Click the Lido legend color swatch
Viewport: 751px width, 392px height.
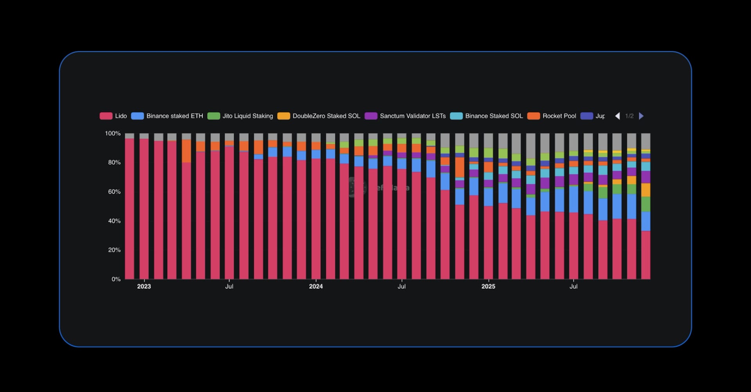pos(106,116)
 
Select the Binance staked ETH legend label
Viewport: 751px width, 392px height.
pos(174,116)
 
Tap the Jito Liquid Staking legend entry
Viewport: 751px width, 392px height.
pos(248,116)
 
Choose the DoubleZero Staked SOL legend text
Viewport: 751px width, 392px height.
pos(326,116)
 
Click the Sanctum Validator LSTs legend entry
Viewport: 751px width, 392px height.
pos(413,116)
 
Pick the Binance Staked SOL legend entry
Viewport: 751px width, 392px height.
pos(494,116)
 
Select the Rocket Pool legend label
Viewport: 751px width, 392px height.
pos(559,116)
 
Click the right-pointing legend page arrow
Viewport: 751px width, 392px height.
pos(641,116)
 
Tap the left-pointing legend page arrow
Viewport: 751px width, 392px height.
pos(617,116)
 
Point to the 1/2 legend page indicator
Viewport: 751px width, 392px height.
pos(629,116)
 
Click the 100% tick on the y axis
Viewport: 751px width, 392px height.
pos(113,134)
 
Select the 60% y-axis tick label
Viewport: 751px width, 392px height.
pos(114,192)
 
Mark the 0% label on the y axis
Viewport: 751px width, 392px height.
pos(116,279)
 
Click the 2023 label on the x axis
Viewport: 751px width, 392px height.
pos(144,287)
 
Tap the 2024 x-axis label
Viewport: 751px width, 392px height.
pos(316,287)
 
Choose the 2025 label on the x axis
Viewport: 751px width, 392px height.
pos(488,287)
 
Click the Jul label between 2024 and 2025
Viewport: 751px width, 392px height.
pos(401,287)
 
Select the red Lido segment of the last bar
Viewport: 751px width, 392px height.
pos(646,255)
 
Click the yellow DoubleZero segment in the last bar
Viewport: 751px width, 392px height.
pos(646,190)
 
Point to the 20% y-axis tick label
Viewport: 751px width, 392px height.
pos(114,250)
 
